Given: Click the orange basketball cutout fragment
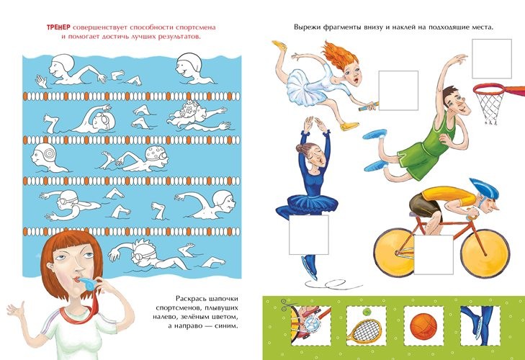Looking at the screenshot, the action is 423,326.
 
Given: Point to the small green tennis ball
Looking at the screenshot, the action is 367,312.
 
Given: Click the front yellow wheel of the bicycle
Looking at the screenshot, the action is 485,253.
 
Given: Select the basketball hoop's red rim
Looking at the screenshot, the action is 490,89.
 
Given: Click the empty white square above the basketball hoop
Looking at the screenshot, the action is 492,58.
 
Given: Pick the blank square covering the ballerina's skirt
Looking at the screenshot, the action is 309,235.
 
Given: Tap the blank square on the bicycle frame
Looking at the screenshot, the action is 434,254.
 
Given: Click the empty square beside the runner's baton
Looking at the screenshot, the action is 398,91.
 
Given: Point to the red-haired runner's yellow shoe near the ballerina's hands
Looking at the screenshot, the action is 349,126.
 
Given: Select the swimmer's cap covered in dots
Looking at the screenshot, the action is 158,153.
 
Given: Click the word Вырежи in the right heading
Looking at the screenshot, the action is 307,27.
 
